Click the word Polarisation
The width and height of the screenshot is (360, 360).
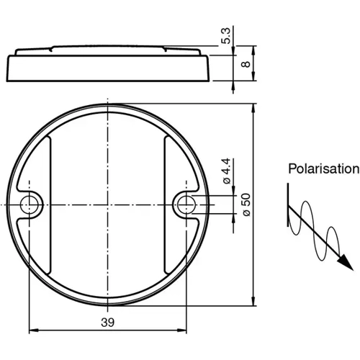click(323, 169)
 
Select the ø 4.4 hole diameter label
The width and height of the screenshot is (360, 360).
click(226, 174)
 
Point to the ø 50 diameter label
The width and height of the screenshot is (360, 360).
click(245, 204)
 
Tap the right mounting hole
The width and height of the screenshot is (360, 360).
click(185, 202)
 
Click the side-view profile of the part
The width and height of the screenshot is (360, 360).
click(108, 66)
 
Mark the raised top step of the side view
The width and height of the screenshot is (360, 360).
click(108, 49)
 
